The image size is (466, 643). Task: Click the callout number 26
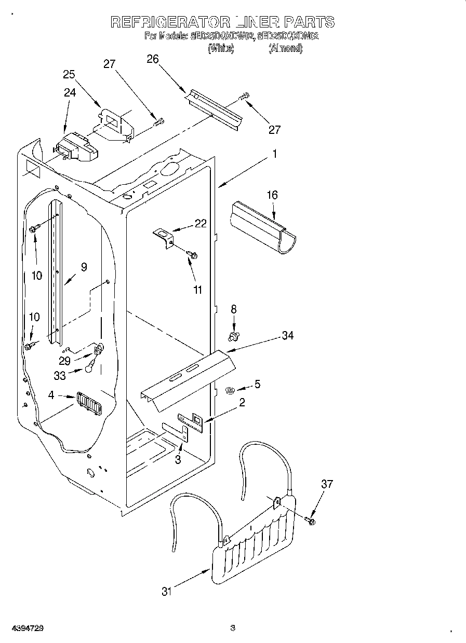point(153,59)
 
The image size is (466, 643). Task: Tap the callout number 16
point(272,195)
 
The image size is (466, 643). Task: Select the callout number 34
point(287,336)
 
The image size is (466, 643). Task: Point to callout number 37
point(326,484)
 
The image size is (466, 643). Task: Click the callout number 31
point(166,591)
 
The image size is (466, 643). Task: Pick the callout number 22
point(200,224)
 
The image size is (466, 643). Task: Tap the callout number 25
point(70,74)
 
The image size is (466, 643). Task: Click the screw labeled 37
point(311,520)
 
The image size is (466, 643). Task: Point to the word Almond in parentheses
point(285,49)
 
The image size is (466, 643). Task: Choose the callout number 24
point(70,93)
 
